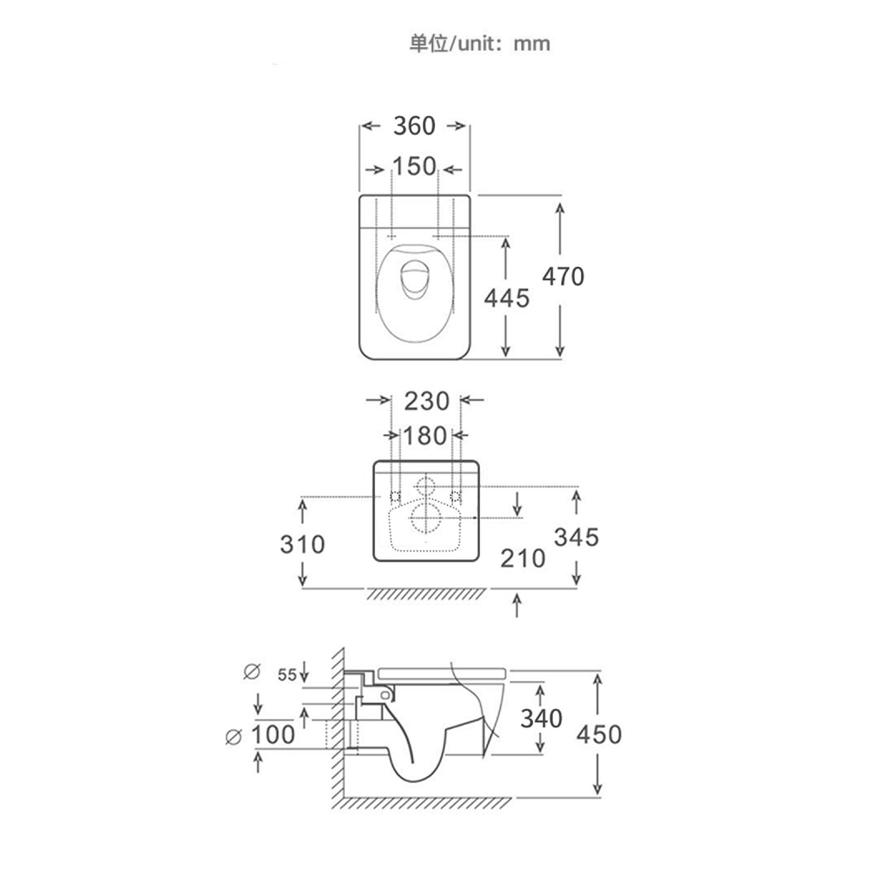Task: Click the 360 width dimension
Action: (414, 126)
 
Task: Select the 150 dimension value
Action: (414, 166)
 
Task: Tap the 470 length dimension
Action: (563, 277)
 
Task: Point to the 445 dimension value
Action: (507, 298)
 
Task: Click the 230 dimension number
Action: (426, 401)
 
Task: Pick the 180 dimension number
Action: (425, 436)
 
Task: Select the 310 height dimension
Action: (302, 544)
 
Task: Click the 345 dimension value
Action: (576, 537)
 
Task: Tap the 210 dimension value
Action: (523, 558)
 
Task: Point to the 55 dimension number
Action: (287, 675)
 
